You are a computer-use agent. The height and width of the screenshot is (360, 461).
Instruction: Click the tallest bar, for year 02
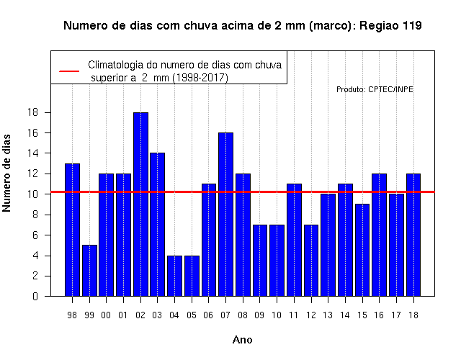(x=140, y=204)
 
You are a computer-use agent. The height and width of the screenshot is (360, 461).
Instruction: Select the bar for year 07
(x=225, y=215)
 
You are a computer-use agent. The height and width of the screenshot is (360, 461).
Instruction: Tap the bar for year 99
(x=89, y=271)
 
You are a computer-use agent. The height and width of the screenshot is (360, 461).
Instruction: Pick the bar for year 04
(x=174, y=276)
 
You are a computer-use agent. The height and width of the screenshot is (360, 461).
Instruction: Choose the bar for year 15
(x=362, y=250)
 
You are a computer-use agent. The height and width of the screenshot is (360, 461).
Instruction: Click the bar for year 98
(x=72, y=230)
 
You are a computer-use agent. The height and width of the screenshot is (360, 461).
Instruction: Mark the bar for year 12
(x=311, y=261)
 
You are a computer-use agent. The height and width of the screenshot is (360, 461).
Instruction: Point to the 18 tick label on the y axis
(x=32, y=112)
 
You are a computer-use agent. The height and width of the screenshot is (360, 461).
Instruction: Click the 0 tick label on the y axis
(x=35, y=296)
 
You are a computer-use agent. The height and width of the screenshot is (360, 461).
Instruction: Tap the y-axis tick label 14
(x=32, y=153)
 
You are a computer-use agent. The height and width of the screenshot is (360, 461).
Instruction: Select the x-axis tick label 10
(x=277, y=315)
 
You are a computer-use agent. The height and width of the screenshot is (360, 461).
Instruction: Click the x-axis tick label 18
(x=413, y=315)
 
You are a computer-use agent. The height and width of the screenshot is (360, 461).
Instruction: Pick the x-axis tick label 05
(x=192, y=315)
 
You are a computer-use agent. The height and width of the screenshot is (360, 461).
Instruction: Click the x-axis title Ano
(x=242, y=340)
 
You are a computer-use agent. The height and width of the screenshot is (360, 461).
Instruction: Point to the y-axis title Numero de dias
(x=6, y=174)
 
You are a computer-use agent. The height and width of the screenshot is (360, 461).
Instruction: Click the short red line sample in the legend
(x=69, y=71)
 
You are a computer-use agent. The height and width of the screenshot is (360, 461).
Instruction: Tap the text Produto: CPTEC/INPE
(x=375, y=89)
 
